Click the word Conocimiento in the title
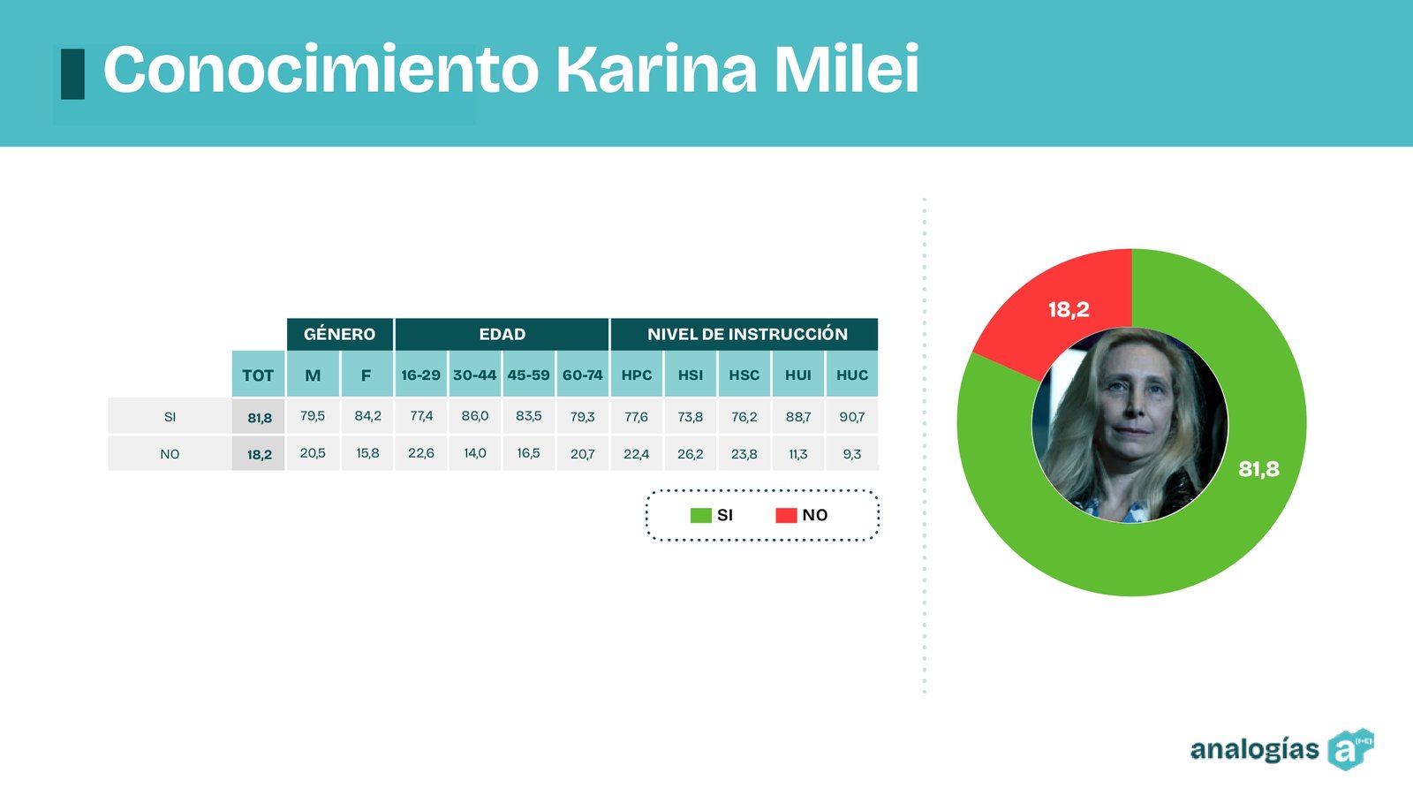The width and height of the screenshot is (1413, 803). pos(321,70)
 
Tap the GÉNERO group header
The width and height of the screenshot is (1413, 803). pos(340,334)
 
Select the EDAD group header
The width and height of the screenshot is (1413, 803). pos(502,334)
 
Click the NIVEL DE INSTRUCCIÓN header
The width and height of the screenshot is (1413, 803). pos(747,334)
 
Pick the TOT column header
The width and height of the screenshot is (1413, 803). pos(258,375)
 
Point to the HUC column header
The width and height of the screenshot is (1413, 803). pos(852,375)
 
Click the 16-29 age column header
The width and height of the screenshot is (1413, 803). pos(420,375)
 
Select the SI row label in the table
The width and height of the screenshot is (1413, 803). pos(170,417)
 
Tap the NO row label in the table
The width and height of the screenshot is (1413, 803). pos(170,454)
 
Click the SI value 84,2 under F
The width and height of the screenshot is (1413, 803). pos(367,416)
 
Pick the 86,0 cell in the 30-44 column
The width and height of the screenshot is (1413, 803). pos(475,416)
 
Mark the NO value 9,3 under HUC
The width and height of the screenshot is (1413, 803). pos(852,453)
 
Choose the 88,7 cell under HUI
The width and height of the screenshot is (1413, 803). pos(798,417)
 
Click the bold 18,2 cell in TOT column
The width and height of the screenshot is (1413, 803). pos(260,454)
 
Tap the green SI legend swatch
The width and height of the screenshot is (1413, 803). pos(701,515)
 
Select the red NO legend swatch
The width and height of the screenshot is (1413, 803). pos(786,515)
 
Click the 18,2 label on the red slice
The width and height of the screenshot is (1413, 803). pos(1069,309)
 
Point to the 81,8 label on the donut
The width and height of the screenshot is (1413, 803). pos(1258,469)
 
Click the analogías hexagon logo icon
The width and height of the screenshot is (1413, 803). pos(1350,749)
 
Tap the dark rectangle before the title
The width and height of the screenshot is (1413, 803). pos(72,74)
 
